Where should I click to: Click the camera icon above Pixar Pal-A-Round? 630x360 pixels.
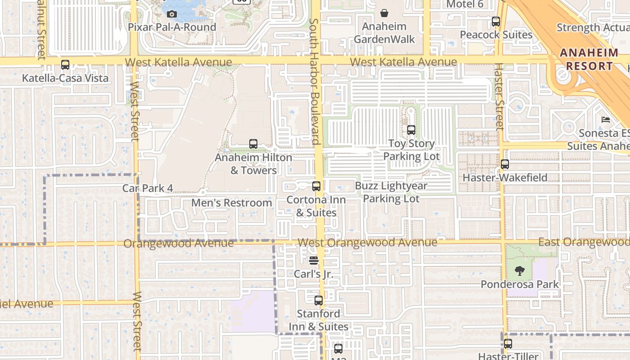(x=171, y=14)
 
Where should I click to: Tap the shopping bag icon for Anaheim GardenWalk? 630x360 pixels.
(x=384, y=13)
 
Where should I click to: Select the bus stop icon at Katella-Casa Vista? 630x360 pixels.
(x=65, y=65)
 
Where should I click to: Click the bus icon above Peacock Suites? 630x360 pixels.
(x=496, y=21)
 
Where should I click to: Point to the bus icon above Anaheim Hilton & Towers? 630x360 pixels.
(x=253, y=144)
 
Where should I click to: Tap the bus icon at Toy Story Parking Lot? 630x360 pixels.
(x=411, y=130)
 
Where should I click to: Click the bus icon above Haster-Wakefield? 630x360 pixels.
(x=505, y=164)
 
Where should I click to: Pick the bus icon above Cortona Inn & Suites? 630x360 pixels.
(x=316, y=186)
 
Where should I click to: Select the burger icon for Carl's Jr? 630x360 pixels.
(x=314, y=261)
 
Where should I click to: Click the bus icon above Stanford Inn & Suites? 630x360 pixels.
(x=319, y=300)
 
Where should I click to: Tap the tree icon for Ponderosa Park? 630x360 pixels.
(x=520, y=271)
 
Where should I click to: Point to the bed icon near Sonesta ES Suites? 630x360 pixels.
(x=606, y=120)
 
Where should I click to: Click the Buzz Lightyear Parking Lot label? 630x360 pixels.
(x=391, y=192)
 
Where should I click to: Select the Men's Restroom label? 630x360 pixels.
(x=232, y=203)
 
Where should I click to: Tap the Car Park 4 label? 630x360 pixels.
(x=148, y=188)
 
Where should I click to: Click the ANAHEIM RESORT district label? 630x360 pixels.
(x=589, y=59)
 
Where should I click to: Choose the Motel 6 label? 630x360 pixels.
(x=465, y=4)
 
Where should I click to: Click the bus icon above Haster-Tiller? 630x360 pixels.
(x=508, y=344)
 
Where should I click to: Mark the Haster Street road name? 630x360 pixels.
(x=499, y=97)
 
